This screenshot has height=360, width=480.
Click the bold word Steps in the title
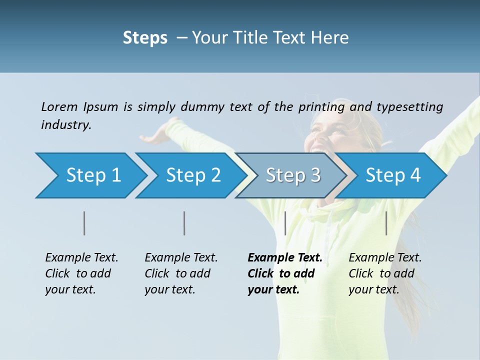click(145, 38)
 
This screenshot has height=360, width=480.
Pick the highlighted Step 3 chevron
click(293, 175)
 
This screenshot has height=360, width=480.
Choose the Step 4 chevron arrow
click(393, 175)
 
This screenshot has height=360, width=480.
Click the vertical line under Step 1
click(84, 223)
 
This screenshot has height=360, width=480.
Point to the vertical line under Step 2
click(184, 223)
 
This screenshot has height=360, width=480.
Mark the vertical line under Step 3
click(285, 223)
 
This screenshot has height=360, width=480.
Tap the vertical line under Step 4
click(386, 223)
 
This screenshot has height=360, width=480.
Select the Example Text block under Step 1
click(81, 273)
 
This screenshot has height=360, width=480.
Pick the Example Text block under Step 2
click(181, 273)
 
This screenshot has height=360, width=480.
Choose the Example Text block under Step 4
click(385, 273)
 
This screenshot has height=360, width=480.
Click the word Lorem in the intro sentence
click(59, 106)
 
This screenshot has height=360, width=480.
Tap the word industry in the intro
click(66, 124)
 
